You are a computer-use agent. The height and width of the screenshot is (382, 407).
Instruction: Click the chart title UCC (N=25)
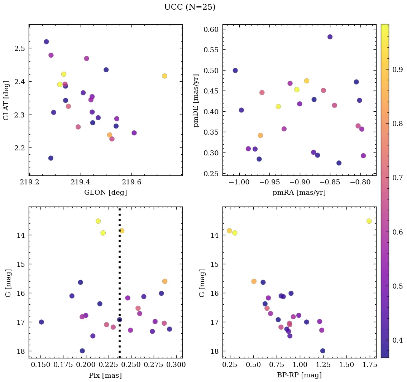pyautogui.click(x=190, y=7)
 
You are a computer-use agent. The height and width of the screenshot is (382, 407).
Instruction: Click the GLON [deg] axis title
pyautogui.click(x=105, y=193)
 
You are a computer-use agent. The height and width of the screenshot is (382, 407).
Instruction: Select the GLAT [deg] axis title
pyautogui.click(x=6, y=100)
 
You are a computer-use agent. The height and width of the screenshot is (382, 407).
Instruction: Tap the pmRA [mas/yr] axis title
pyautogui.click(x=299, y=193)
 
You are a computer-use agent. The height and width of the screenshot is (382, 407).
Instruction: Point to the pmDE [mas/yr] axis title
pyautogui.click(x=196, y=100)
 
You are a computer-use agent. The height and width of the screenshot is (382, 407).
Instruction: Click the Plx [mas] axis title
pyautogui.click(x=105, y=375)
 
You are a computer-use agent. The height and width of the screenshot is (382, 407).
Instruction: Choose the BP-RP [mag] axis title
pyautogui.click(x=299, y=375)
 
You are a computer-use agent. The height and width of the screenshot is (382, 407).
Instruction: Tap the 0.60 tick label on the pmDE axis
pyautogui.click(x=211, y=29)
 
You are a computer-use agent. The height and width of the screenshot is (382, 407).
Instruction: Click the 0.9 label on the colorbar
pyautogui.click(x=398, y=70)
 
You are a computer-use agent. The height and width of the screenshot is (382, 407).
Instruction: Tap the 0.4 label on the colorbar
pyautogui.click(x=398, y=340)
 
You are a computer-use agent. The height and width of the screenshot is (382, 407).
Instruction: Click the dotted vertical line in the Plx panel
pyautogui.click(x=119, y=272)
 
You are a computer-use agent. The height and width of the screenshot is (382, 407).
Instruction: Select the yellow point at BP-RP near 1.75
pyautogui.click(x=369, y=221)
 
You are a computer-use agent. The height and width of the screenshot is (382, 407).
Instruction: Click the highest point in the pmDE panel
pyautogui.click(x=330, y=37)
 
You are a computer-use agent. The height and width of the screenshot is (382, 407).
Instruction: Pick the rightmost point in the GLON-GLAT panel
pyautogui.click(x=164, y=76)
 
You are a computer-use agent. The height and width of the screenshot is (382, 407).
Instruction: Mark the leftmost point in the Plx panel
pyautogui.click(x=41, y=322)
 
